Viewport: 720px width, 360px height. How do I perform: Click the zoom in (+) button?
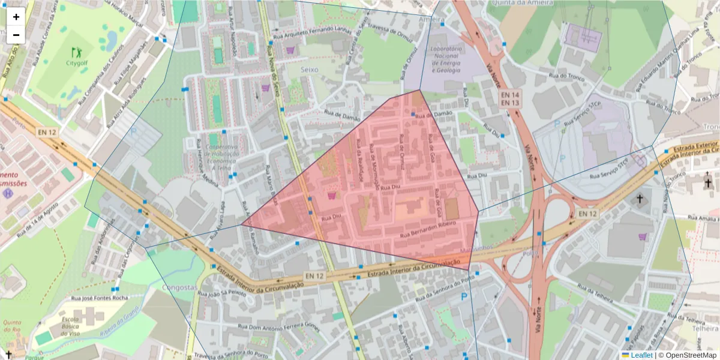(16, 17)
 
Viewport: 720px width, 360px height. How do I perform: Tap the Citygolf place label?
(77, 62)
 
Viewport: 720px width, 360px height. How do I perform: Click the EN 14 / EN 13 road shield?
(509, 99)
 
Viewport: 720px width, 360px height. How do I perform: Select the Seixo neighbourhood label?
(310, 70)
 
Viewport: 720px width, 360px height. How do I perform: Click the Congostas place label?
(179, 287)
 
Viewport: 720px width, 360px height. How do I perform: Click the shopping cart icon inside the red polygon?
(332, 195)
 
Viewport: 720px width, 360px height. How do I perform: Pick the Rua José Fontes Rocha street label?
(99, 298)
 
